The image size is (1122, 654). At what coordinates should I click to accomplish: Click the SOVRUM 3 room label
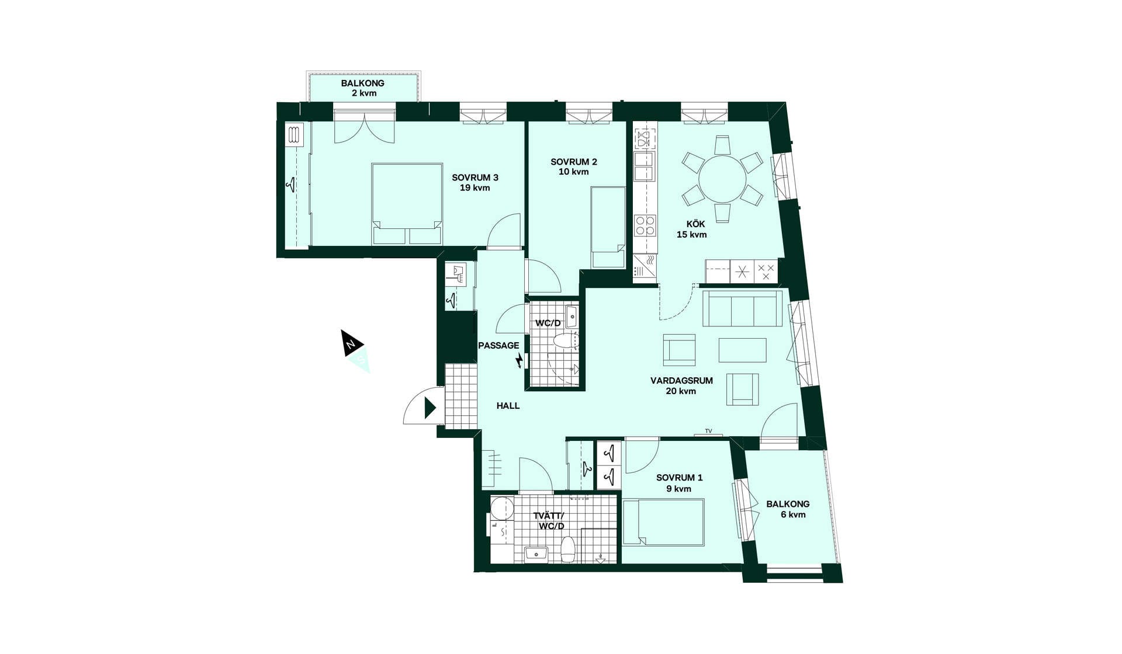tap(475, 183)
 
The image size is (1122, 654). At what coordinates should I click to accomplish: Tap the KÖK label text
tap(695, 224)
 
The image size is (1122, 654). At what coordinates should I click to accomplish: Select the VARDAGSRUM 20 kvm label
tap(681, 386)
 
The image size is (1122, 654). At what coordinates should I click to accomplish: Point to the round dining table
tap(722, 179)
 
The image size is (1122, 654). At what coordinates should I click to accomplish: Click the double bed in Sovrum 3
tap(407, 204)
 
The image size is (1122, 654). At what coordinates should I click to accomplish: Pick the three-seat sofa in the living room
tap(742, 308)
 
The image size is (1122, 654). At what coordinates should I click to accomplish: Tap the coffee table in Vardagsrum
tap(742, 350)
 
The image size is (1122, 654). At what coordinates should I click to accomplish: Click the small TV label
tap(708, 431)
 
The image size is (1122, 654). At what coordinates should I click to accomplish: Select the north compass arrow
tap(352, 343)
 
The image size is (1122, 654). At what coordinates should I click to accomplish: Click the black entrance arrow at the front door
tap(430, 408)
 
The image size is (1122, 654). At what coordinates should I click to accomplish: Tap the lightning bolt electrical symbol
tap(518, 361)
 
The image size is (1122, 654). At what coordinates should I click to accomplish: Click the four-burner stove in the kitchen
tap(645, 225)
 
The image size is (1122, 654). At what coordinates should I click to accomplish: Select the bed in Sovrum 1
tap(663, 523)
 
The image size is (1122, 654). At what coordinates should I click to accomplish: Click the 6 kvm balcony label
tap(788, 509)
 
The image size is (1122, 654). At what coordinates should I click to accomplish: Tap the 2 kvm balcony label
tap(363, 88)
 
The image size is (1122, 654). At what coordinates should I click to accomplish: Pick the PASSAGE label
tap(498, 346)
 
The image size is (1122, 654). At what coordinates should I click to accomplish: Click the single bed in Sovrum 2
tap(608, 227)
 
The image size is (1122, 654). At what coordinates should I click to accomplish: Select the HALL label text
tap(508, 406)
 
